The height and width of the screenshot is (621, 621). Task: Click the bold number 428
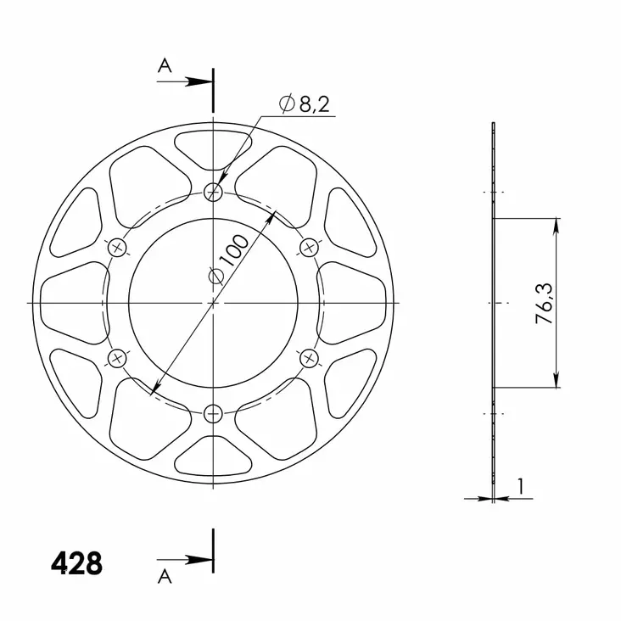(76, 563)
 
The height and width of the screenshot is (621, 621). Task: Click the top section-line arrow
(199, 82)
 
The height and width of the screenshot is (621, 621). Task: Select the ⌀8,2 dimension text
(305, 104)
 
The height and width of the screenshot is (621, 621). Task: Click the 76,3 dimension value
(545, 304)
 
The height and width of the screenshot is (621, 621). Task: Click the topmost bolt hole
(213, 193)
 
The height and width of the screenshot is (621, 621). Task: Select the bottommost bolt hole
(213, 413)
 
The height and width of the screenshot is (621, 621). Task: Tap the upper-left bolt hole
(117, 248)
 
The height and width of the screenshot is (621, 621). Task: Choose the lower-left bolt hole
(117, 358)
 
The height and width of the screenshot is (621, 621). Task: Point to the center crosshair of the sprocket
(213, 303)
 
